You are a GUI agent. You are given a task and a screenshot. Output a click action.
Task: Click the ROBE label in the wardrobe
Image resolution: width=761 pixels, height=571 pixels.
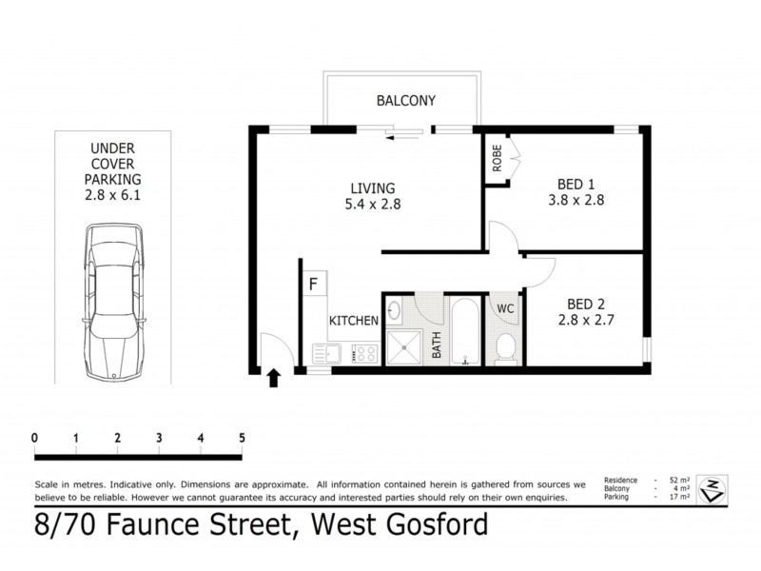(x=497, y=158)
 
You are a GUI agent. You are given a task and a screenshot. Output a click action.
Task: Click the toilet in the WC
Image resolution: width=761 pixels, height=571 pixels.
(x=505, y=348)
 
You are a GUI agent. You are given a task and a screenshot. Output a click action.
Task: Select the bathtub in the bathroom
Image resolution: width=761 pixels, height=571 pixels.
(x=465, y=333)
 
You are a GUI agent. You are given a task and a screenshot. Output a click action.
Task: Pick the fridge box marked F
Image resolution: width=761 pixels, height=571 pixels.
(x=313, y=284)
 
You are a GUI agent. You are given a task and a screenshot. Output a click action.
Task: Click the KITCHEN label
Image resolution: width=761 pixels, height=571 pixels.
(x=355, y=321)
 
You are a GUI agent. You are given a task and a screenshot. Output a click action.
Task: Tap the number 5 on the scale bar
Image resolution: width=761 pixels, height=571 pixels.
(x=243, y=438)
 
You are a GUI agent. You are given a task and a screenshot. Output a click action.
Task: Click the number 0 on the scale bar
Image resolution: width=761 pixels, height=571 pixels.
(x=34, y=438)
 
